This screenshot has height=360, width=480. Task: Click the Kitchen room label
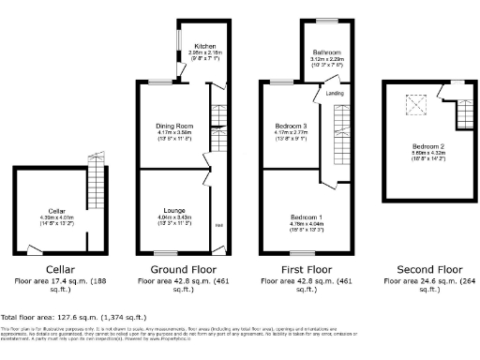click(x=205, y=47)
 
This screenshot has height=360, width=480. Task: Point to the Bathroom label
click(x=326, y=52)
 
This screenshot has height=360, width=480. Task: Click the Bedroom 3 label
click(x=290, y=126)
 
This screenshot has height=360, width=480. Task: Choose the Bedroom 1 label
click(x=306, y=217)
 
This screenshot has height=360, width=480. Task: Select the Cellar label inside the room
click(x=57, y=212)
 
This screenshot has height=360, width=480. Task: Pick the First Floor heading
click(x=306, y=268)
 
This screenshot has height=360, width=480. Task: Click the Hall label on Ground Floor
click(x=218, y=225)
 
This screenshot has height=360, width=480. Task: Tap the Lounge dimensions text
click(x=172, y=219)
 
